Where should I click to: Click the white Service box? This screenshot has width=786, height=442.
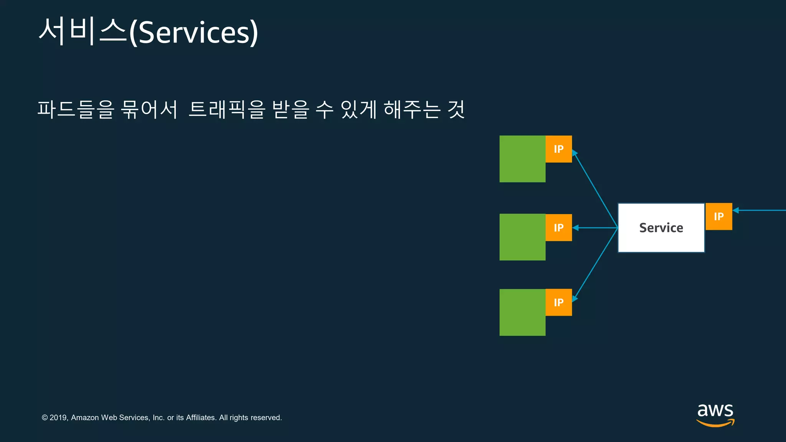pos(661,228)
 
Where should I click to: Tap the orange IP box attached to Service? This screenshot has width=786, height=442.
pos(719,216)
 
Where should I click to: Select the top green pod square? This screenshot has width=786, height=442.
pos(522,159)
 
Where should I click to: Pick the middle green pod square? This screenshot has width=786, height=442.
pos(522,237)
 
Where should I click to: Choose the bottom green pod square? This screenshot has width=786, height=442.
pos(522,312)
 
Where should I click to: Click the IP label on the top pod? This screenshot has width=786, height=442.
pos(559,149)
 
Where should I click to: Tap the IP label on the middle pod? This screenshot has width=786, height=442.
pos(559,228)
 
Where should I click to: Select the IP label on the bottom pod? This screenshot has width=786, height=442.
pos(559,302)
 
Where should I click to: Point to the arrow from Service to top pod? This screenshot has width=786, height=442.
pos(595,190)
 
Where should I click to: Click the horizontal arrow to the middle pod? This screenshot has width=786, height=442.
pos(595,228)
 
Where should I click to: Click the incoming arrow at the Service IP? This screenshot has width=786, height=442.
pos(760,210)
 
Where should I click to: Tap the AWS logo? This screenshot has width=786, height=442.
pos(715,414)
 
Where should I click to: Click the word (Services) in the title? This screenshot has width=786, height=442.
pos(194,33)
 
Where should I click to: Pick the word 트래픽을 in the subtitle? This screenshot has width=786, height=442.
pos(227,109)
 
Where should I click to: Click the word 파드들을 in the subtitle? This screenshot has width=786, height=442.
pos(76,109)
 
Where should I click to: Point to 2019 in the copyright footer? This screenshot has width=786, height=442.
pos(58,417)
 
